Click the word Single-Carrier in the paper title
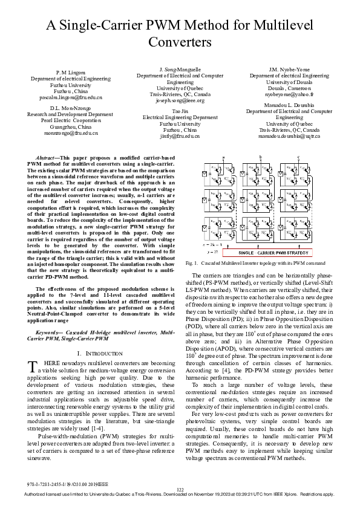tap(125, 26)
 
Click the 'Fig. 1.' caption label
tap(192, 280)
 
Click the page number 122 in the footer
tap(180, 489)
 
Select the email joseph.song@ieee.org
tap(180, 100)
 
